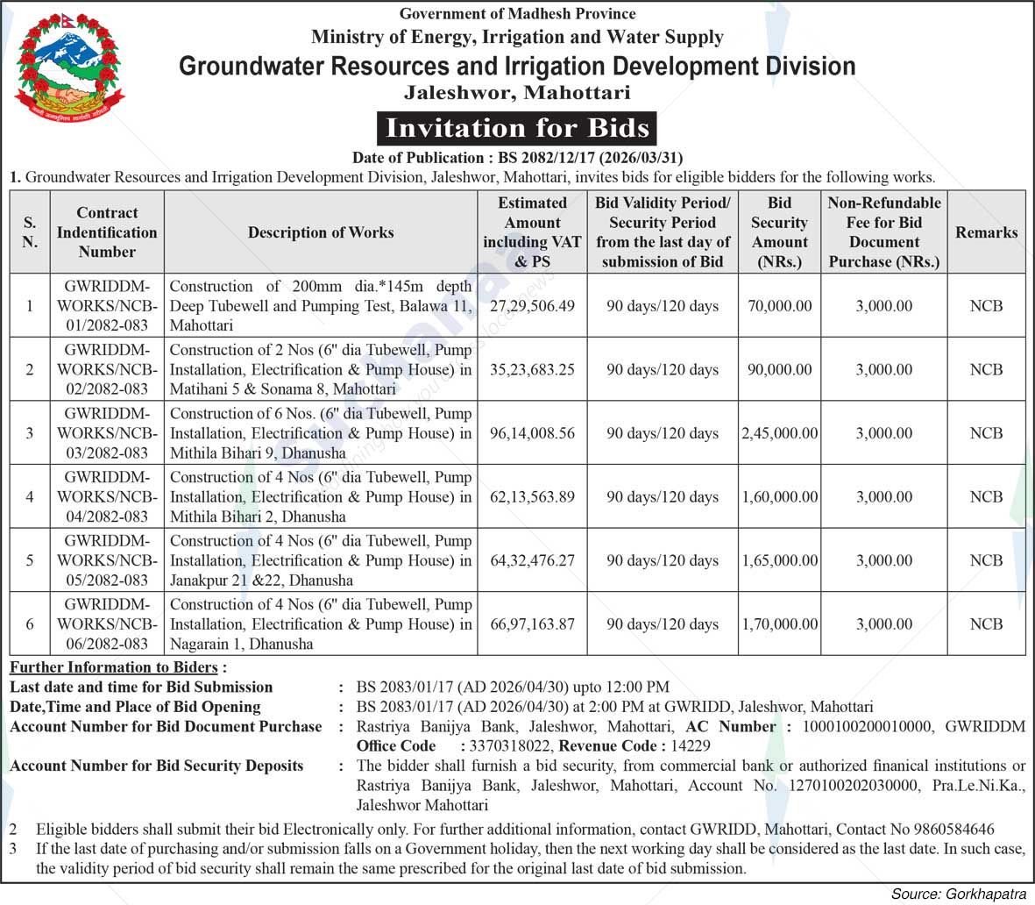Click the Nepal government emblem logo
tap(69, 68)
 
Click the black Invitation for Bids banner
tap(517, 128)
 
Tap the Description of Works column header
tap(321, 232)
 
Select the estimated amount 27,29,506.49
tap(532, 306)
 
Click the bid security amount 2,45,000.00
tap(779, 433)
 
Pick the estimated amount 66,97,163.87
tap(532, 624)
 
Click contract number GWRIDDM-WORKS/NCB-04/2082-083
tap(107, 496)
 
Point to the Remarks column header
tap(986, 232)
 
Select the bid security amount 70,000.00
tap(779, 306)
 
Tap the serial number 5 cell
tap(30, 560)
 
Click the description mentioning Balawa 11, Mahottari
tap(321, 306)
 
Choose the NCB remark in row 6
tap(986, 624)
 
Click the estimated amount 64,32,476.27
tap(532, 560)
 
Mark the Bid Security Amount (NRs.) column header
tap(779, 232)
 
